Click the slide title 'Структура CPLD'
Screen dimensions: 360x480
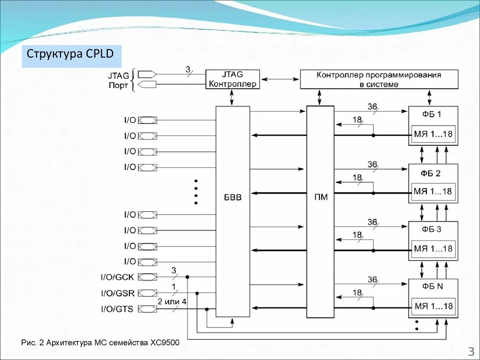tap(70, 53)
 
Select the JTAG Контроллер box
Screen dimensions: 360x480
tap(232, 79)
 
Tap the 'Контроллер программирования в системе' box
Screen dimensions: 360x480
tap(379, 79)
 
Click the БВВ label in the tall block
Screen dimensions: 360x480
tap(232, 197)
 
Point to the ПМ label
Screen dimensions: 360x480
tap(321, 197)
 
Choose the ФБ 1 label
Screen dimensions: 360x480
tap(431, 114)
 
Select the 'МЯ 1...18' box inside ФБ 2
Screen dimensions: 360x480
tap(433, 191)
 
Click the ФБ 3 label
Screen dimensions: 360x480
tap(431, 230)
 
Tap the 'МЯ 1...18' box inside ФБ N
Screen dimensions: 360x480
tap(434, 307)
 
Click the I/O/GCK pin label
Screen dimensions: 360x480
tap(117, 277)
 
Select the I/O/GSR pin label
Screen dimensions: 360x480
tap(118, 293)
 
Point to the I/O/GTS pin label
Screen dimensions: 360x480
tap(117, 308)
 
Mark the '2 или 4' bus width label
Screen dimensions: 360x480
tap(172, 301)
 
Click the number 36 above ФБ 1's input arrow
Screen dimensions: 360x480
tap(372, 107)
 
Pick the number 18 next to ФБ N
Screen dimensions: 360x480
tap(357, 292)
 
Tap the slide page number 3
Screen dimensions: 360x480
tap(470, 351)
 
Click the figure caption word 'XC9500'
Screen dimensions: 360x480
tap(165, 343)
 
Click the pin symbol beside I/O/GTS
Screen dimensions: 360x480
tap(148, 308)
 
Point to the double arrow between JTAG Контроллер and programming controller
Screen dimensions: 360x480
tap(280, 79)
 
